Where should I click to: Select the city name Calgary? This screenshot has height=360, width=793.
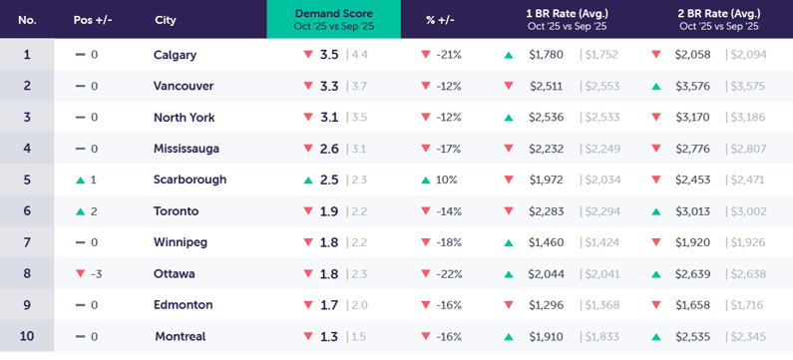tap(175, 55)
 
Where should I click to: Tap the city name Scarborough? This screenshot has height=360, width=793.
tap(190, 180)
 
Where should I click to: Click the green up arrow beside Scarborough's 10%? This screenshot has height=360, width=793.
tap(426, 180)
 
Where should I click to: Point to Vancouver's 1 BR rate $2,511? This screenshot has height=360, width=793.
tap(546, 86)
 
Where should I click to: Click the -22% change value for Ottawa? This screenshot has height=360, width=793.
tap(449, 273)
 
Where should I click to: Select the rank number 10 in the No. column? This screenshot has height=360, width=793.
tap(27, 336)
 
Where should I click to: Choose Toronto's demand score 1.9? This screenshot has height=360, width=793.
tap(329, 211)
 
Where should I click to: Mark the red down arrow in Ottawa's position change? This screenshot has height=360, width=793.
tap(81, 273)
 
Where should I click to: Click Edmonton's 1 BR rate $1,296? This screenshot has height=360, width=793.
tap(546, 305)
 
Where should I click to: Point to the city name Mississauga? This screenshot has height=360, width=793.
tap(187, 149)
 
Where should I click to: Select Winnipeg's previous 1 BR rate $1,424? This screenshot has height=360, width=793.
tap(601, 242)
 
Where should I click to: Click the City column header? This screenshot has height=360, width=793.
tap(166, 20)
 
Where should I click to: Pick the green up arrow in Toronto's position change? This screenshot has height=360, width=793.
tap(81, 211)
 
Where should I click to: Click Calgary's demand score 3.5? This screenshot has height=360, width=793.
tap(329, 55)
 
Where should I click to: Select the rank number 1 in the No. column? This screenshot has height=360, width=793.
tap(27, 55)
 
